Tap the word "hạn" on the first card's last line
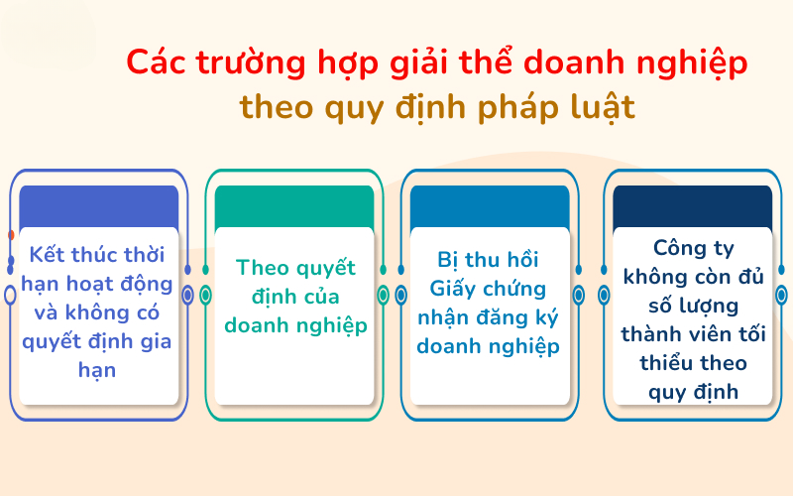[98, 370]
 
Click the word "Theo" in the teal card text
[262, 268]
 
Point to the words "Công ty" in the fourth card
[692, 248]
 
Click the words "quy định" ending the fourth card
[693, 391]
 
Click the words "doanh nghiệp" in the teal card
[294, 325]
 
